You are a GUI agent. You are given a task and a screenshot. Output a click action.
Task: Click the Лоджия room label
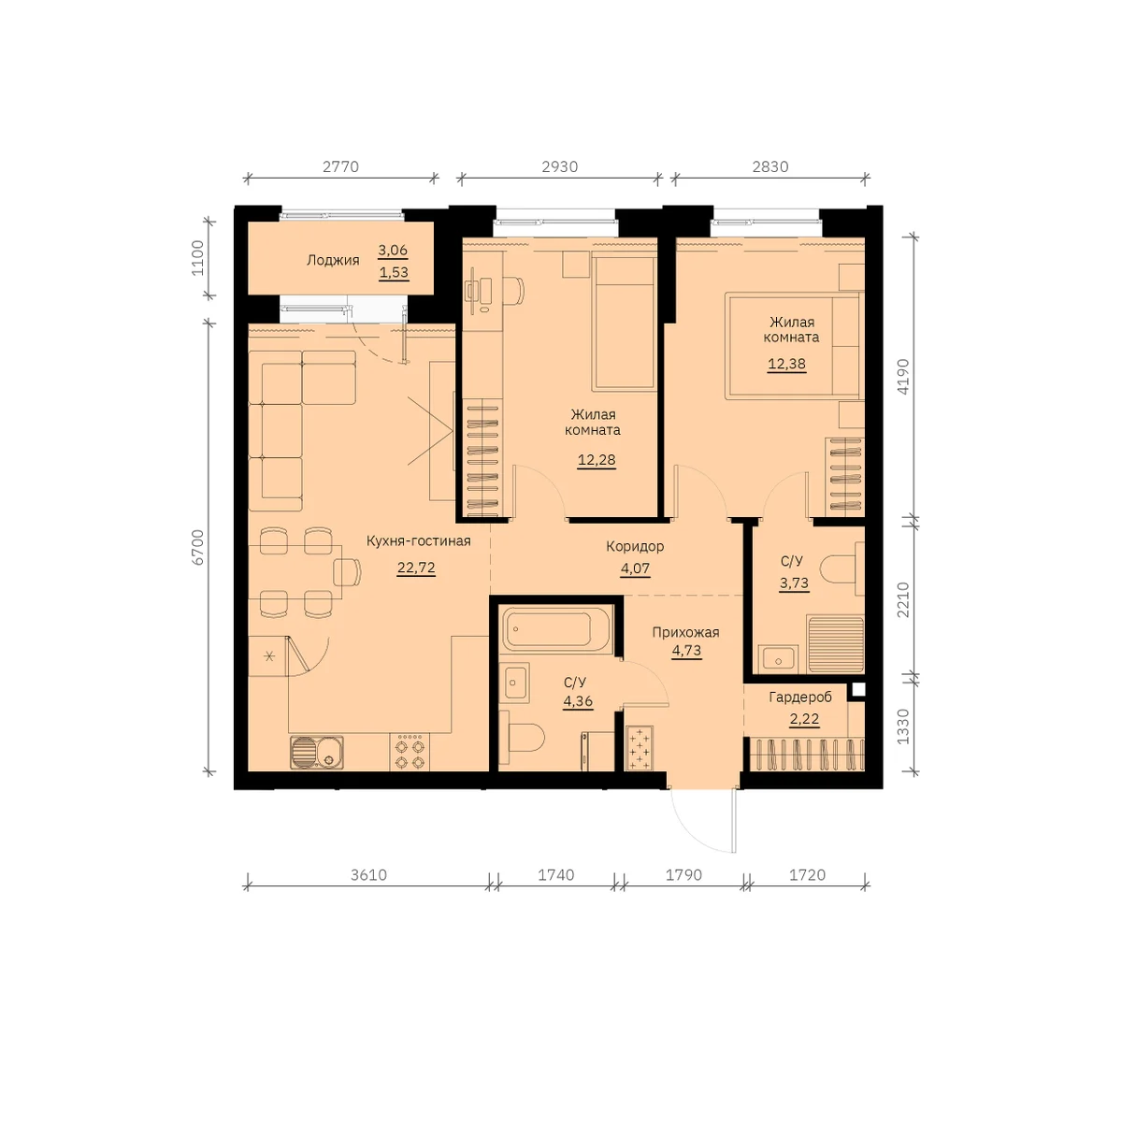tap(333, 260)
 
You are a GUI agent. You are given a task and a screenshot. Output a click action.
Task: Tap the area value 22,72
tap(416, 568)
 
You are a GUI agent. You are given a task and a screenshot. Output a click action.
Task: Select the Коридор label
tap(635, 546)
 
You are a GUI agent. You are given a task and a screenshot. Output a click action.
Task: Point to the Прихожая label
tap(685, 632)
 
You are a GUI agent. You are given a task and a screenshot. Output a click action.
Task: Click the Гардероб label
tap(800, 697)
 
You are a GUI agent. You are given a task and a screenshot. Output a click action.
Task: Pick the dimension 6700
tap(198, 547)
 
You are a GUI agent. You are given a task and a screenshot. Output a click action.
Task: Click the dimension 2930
tap(559, 166)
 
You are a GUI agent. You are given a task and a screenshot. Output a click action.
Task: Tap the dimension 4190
tap(902, 376)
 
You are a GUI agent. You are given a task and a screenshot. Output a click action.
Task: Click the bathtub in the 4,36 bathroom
tap(556, 629)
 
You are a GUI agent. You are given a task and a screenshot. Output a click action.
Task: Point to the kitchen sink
tap(317, 753)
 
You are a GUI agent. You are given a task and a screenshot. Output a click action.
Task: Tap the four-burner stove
tap(410, 753)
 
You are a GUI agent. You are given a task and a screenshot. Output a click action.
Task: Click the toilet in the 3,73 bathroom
tap(841, 568)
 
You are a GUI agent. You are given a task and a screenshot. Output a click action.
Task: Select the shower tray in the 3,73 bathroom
tap(836, 645)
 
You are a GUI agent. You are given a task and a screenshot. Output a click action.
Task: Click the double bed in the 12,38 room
tap(793, 346)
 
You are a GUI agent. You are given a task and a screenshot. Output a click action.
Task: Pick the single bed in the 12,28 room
tap(625, 323)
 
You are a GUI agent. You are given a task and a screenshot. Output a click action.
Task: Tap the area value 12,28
tap(597, 460)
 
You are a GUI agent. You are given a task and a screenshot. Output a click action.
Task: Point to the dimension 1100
tap(198, 258)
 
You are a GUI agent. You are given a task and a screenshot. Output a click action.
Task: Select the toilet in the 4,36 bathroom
tap(522, 737)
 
